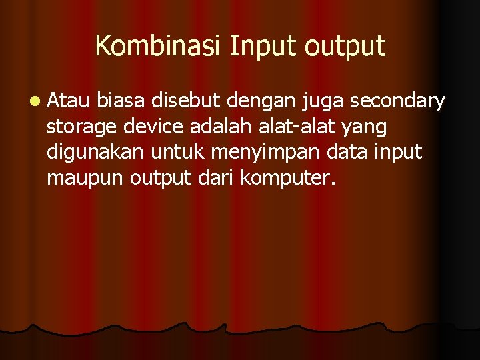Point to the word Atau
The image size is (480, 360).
(69, 101)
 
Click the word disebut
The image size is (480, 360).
(186, 101)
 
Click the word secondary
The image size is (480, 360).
(398, 102)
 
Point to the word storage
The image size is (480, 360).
(82, 127)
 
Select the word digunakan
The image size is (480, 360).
(96, 153)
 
